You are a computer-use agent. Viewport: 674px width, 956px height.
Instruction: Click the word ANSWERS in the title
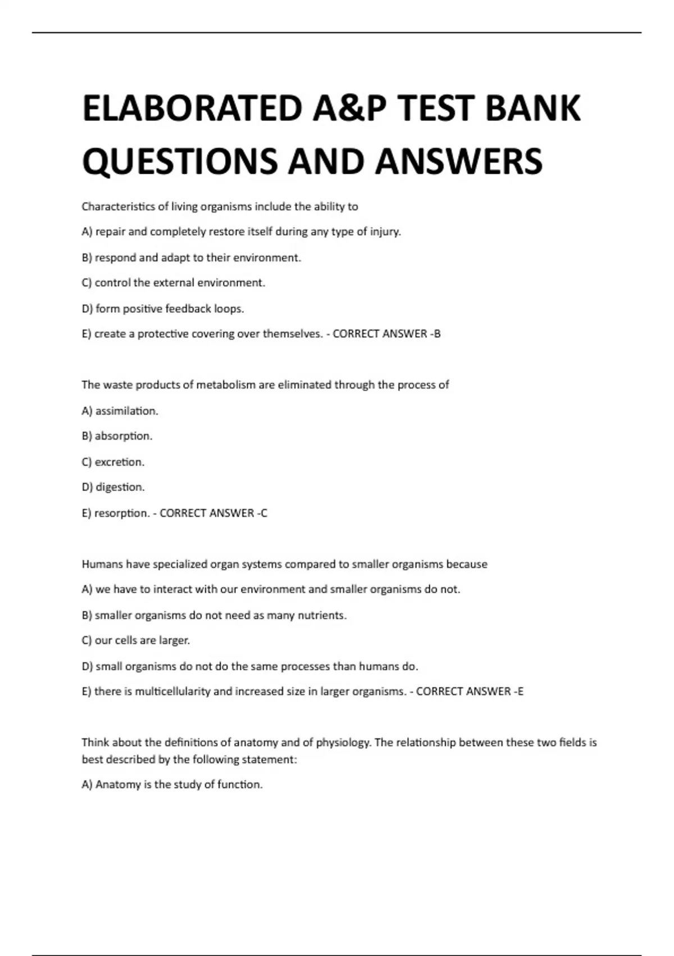459,161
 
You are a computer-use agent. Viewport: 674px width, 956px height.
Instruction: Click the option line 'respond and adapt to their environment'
192,258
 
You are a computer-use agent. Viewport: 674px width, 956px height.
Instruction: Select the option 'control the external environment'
174,283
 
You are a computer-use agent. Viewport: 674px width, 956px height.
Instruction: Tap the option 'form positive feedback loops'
163,309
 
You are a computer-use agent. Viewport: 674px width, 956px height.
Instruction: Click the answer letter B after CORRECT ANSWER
438,334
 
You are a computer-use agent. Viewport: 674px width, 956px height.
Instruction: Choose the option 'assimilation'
120,411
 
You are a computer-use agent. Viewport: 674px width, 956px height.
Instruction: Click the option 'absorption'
117,436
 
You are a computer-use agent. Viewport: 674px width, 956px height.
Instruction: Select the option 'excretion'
113,462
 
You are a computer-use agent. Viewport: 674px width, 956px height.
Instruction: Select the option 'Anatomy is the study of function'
172,784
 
